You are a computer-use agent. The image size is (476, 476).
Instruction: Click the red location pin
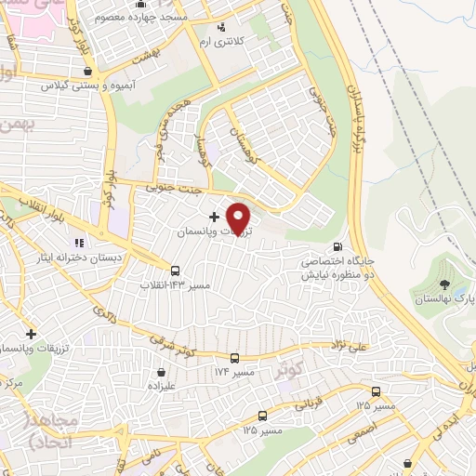pos(240,218)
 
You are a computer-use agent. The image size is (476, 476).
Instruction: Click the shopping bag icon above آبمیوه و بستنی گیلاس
pos(86,71)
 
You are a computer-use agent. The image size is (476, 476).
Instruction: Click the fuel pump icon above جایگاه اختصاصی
pos(336,247)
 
